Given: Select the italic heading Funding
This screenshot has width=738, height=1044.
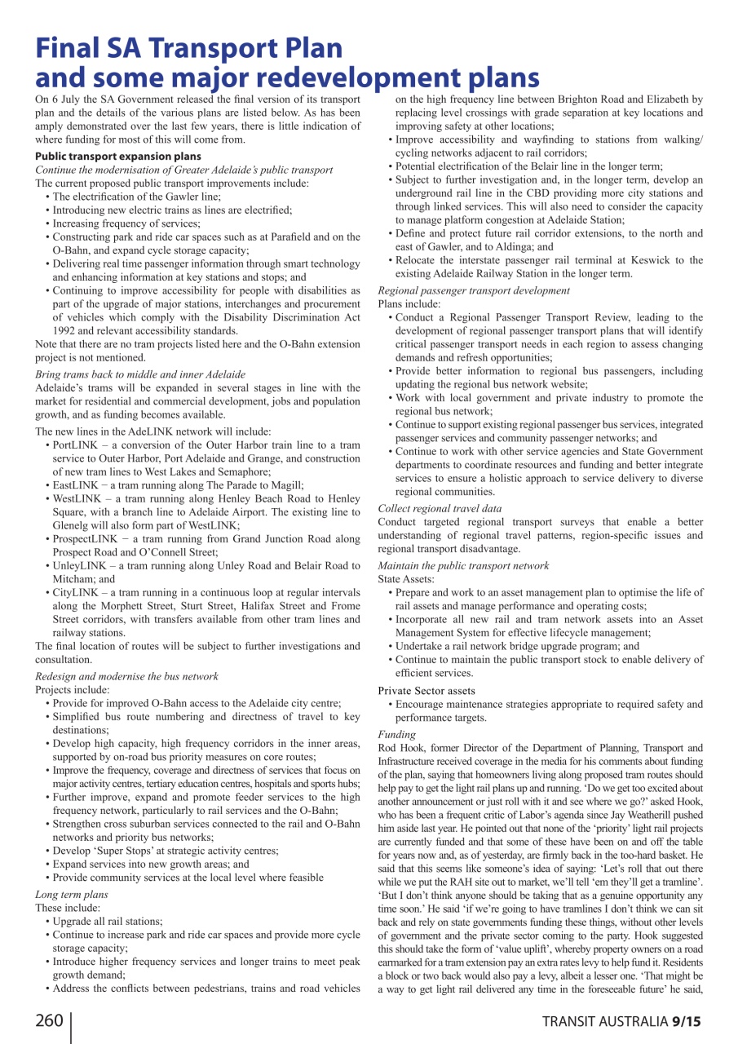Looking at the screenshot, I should pos(397,734).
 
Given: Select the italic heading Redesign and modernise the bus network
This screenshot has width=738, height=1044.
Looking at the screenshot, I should pos(126,676).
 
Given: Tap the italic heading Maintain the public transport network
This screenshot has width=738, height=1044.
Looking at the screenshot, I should pos(463,565).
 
